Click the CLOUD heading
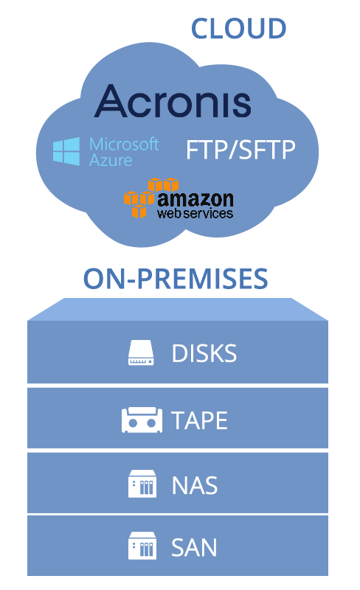pyautogui.click(x=238, y=29)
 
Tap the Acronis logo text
pyautogui.click(x=173, y=101)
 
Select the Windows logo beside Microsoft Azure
pyautogui.click(x=66, y=151)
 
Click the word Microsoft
pyautogui.click(x=124, y=144)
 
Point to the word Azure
pyautogui.click(x=111, y=161)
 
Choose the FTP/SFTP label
pyautogui.click(x=240, y=150)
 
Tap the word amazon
pyautogui.click(x=195, y=199)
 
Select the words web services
pyautogui.click(x=195, y=214)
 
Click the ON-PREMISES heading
pyautogui.click(x=176, y=279)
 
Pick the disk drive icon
pyautogui.click(x=141, y=353)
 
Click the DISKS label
pyautogui.click(x=204, y=353)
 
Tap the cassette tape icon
pyautogui.click(x=142, y=420)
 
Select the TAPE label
pyautogui.click(x=199, y=420)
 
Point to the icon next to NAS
pyautogui.click(x=142, y=484)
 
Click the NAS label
pyautogui.click(x=195, y=485)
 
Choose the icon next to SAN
pyautogui.click(x=142, y=546)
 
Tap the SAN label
pyautogui.click(x=194, y=547)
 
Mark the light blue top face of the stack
pyautogui.click(x=178, y=309)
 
